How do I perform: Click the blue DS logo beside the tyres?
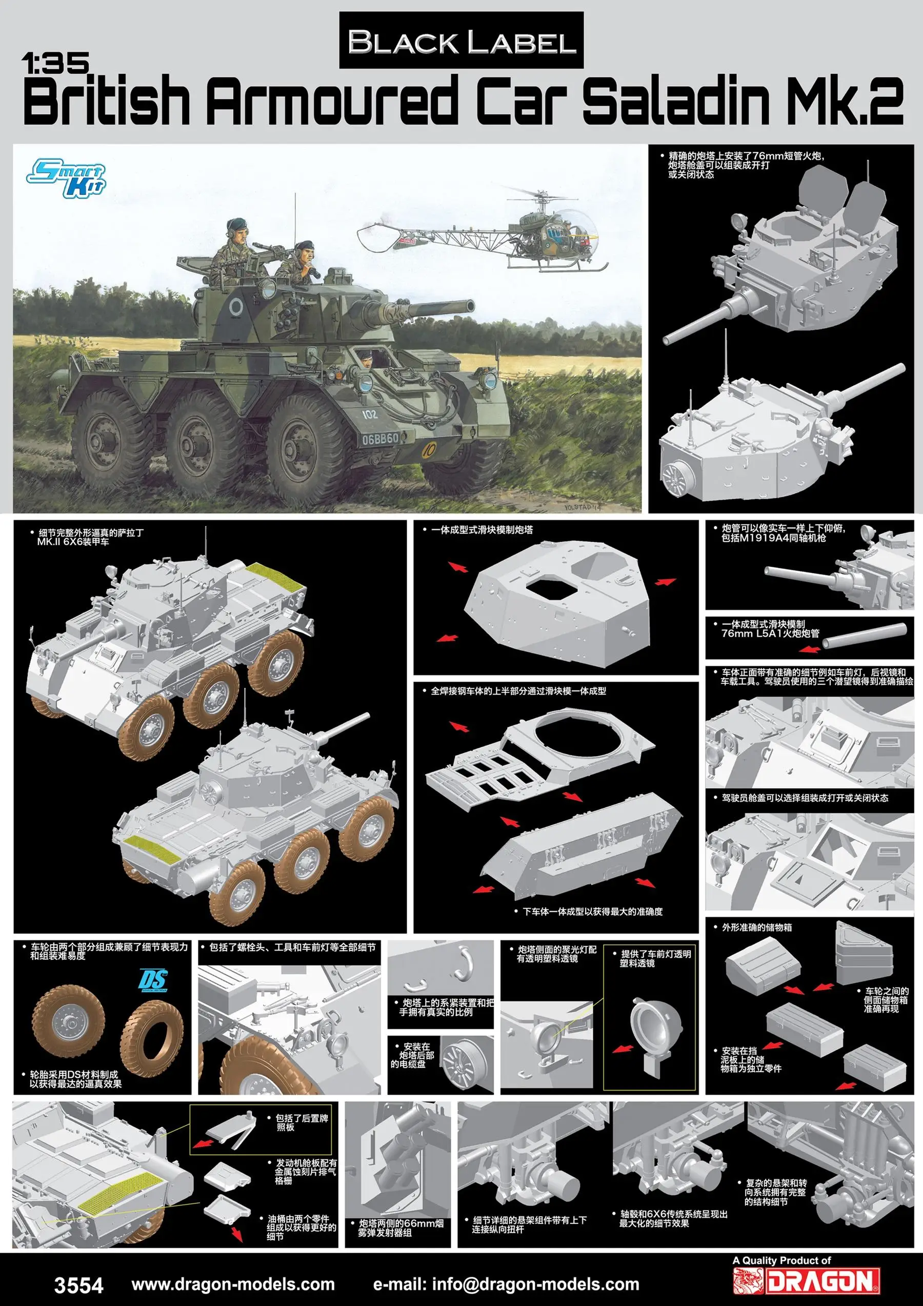pos(153,981)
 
